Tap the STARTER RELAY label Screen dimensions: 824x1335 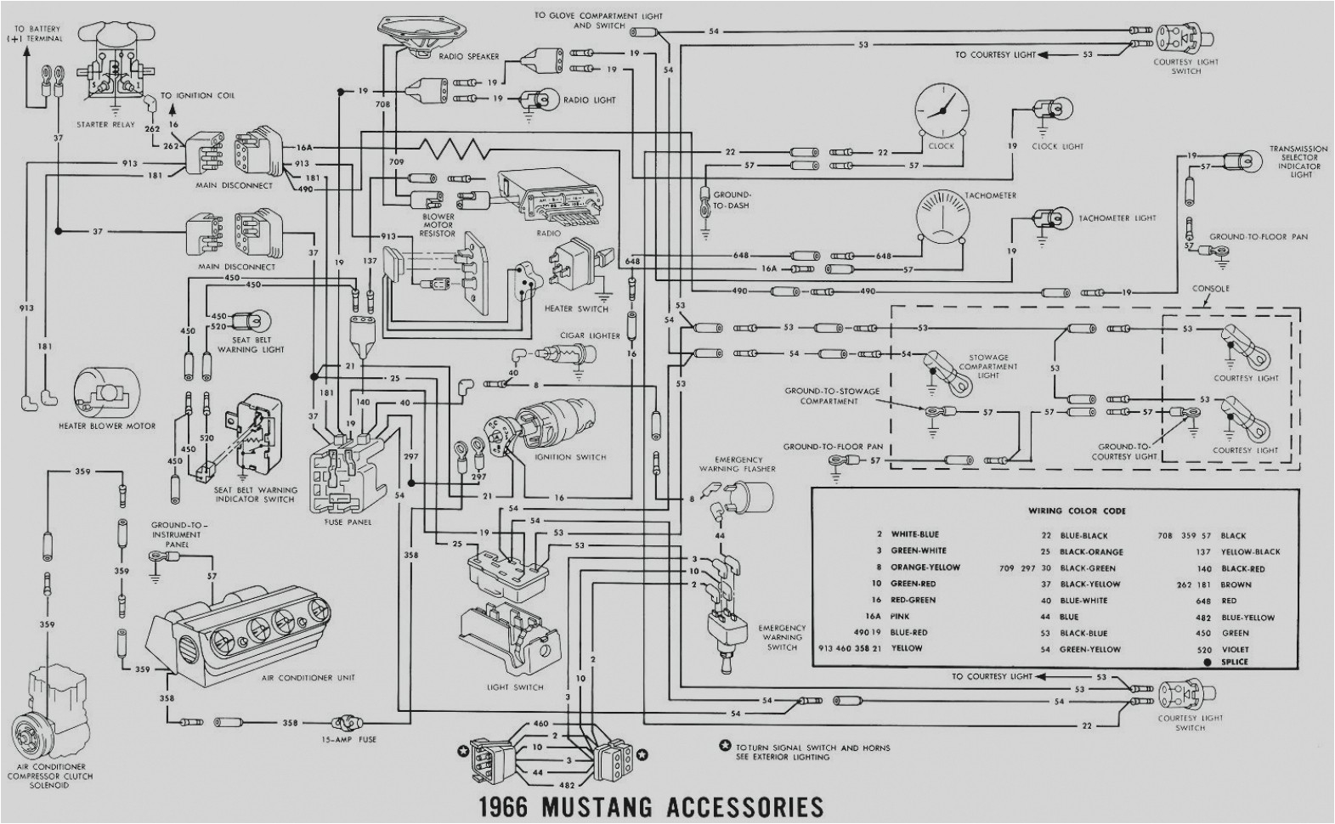click(x=104, y=125)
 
